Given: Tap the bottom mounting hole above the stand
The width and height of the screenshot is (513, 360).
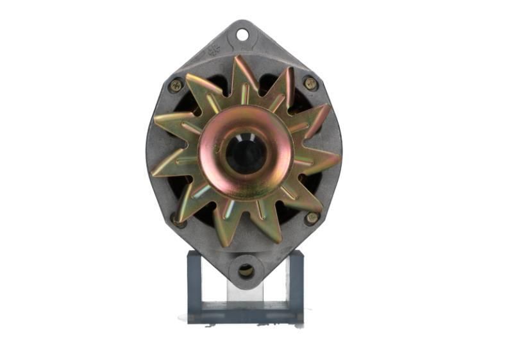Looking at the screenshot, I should tap(246, 271).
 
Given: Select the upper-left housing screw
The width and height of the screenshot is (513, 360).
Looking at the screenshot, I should tap(175, 85).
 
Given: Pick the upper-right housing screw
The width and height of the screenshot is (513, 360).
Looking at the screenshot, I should tap(310, 83).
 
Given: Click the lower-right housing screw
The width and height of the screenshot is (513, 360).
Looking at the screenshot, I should tap(312, 218).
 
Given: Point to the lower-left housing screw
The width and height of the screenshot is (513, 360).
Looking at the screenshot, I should tap(178, 220).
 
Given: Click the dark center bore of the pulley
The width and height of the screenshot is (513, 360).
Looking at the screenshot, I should tap(246, 155).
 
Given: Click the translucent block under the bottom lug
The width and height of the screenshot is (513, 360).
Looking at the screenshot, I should tap(246, 292).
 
